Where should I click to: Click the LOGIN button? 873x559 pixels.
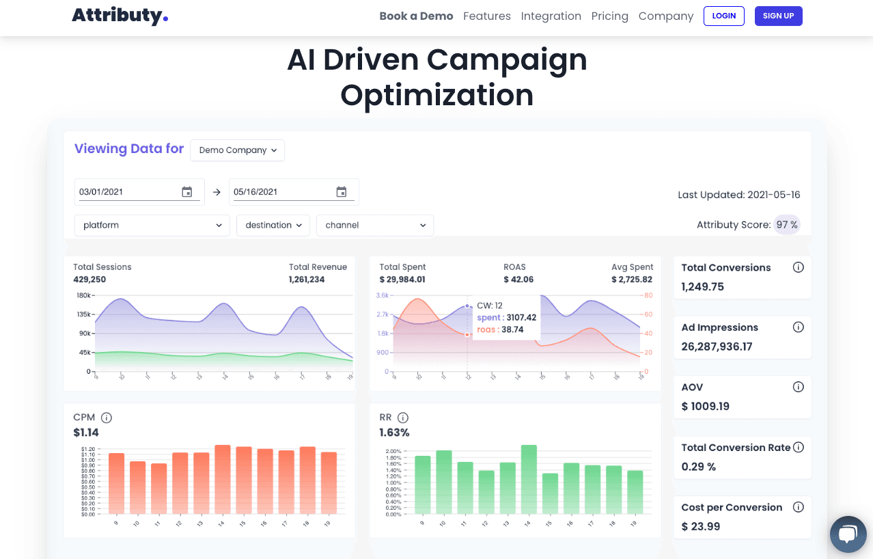[723, 16]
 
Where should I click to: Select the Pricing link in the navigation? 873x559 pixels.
[609, 16]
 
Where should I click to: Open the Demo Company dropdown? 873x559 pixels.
[237, 150]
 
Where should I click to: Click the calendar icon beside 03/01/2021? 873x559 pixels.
[187, 192]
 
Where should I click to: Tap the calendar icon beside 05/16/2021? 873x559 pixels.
[342, 192]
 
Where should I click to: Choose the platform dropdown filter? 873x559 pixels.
[152, 225]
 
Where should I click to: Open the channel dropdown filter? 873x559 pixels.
[374, 225]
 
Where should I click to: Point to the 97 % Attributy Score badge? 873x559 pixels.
[786, 225]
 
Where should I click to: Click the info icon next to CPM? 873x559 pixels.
[107, 418]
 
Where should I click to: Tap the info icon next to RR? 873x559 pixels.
[403, 418]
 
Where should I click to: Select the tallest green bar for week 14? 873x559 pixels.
[529, 479]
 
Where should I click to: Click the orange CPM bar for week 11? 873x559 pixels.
[159, 489]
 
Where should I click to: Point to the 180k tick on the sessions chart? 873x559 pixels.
[84, 295]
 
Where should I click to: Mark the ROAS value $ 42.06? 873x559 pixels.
[518, 279]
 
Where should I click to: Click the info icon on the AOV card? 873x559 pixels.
[798, 387]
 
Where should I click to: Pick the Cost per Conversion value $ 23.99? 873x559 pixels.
[701, 526]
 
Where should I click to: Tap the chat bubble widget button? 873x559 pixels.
[847, 534]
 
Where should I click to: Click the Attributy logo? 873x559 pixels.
[120, 16]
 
